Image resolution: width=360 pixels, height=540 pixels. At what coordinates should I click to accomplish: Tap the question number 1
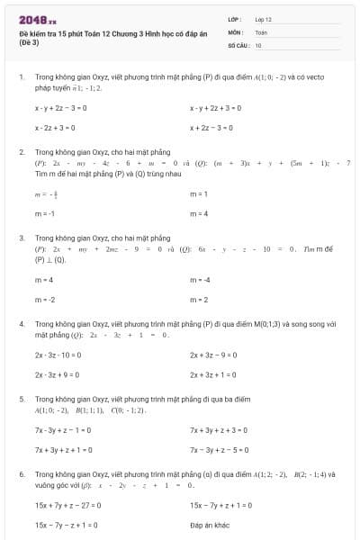click(x=21, y=77)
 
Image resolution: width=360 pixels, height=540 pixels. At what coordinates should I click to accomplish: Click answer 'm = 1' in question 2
click(x=199, y=193)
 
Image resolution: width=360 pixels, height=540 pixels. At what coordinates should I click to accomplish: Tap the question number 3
click(x=21, y=238)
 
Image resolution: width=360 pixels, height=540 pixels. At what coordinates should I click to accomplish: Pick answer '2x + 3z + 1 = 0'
click(x=213, y=374)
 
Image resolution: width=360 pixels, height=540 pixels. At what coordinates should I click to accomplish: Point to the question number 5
click(x=21, y=398)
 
